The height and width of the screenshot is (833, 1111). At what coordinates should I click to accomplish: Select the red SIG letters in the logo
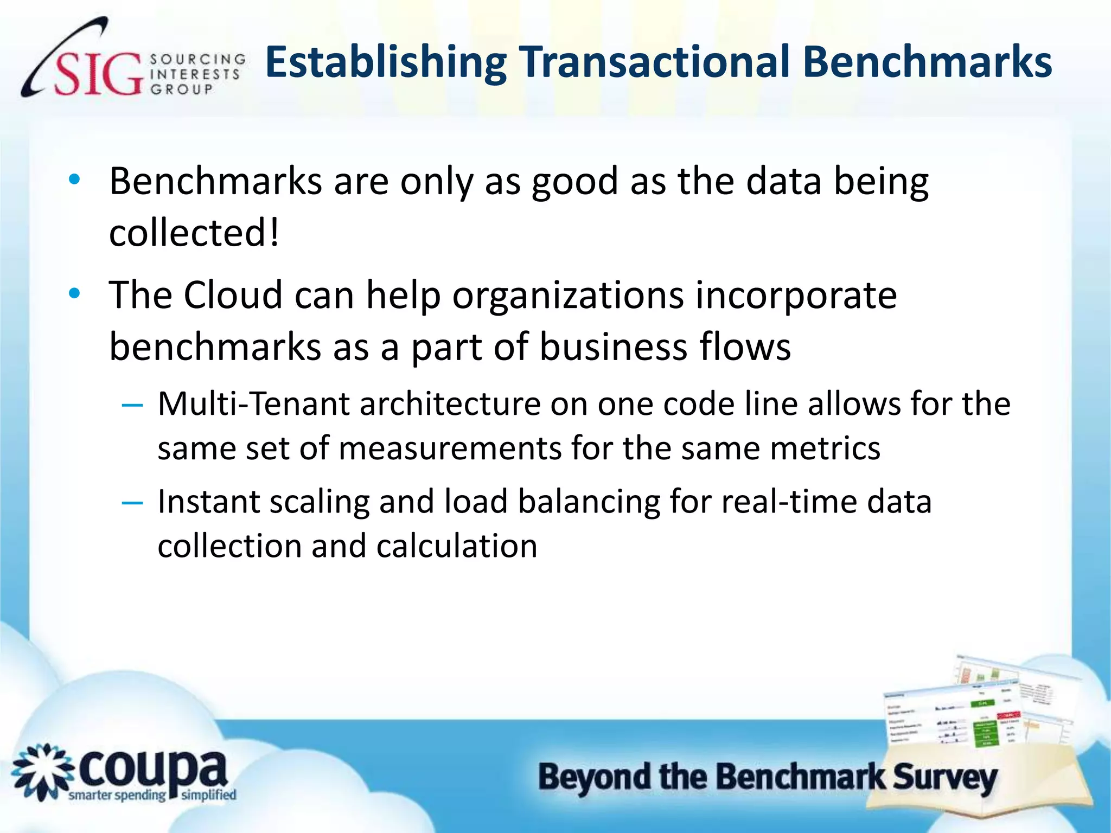coord(98,74)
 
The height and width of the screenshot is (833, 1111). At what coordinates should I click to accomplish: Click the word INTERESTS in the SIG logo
coord(195,74)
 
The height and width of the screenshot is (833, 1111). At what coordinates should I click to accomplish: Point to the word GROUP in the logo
coord(181,89)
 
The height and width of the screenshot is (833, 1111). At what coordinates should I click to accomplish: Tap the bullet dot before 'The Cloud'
coord(74,294)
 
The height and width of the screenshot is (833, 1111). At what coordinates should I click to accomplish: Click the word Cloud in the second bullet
coord(233,296)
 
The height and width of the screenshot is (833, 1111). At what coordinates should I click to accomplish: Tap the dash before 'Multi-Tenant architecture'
coord(132,405)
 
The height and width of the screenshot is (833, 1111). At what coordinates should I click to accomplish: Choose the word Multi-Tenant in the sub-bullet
coord(253,405)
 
